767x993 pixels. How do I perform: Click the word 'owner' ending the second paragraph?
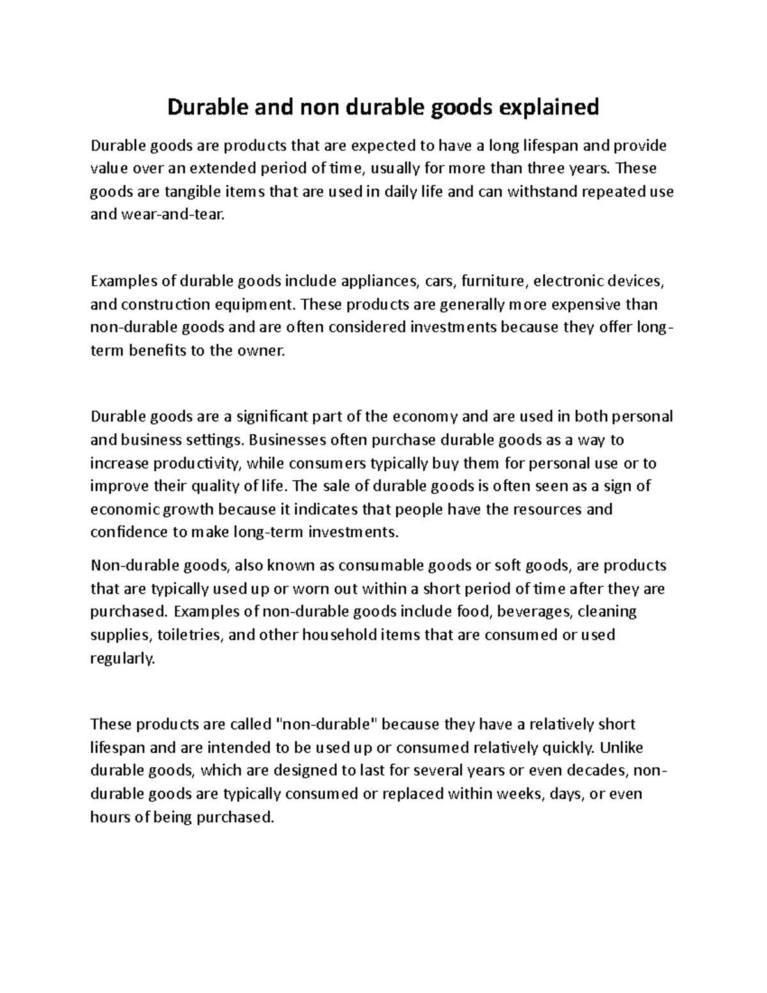(x=260, y=350)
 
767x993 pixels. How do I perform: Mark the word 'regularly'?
(x=123, y=658)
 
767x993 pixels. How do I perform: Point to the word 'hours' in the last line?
(x=110, y=817)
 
